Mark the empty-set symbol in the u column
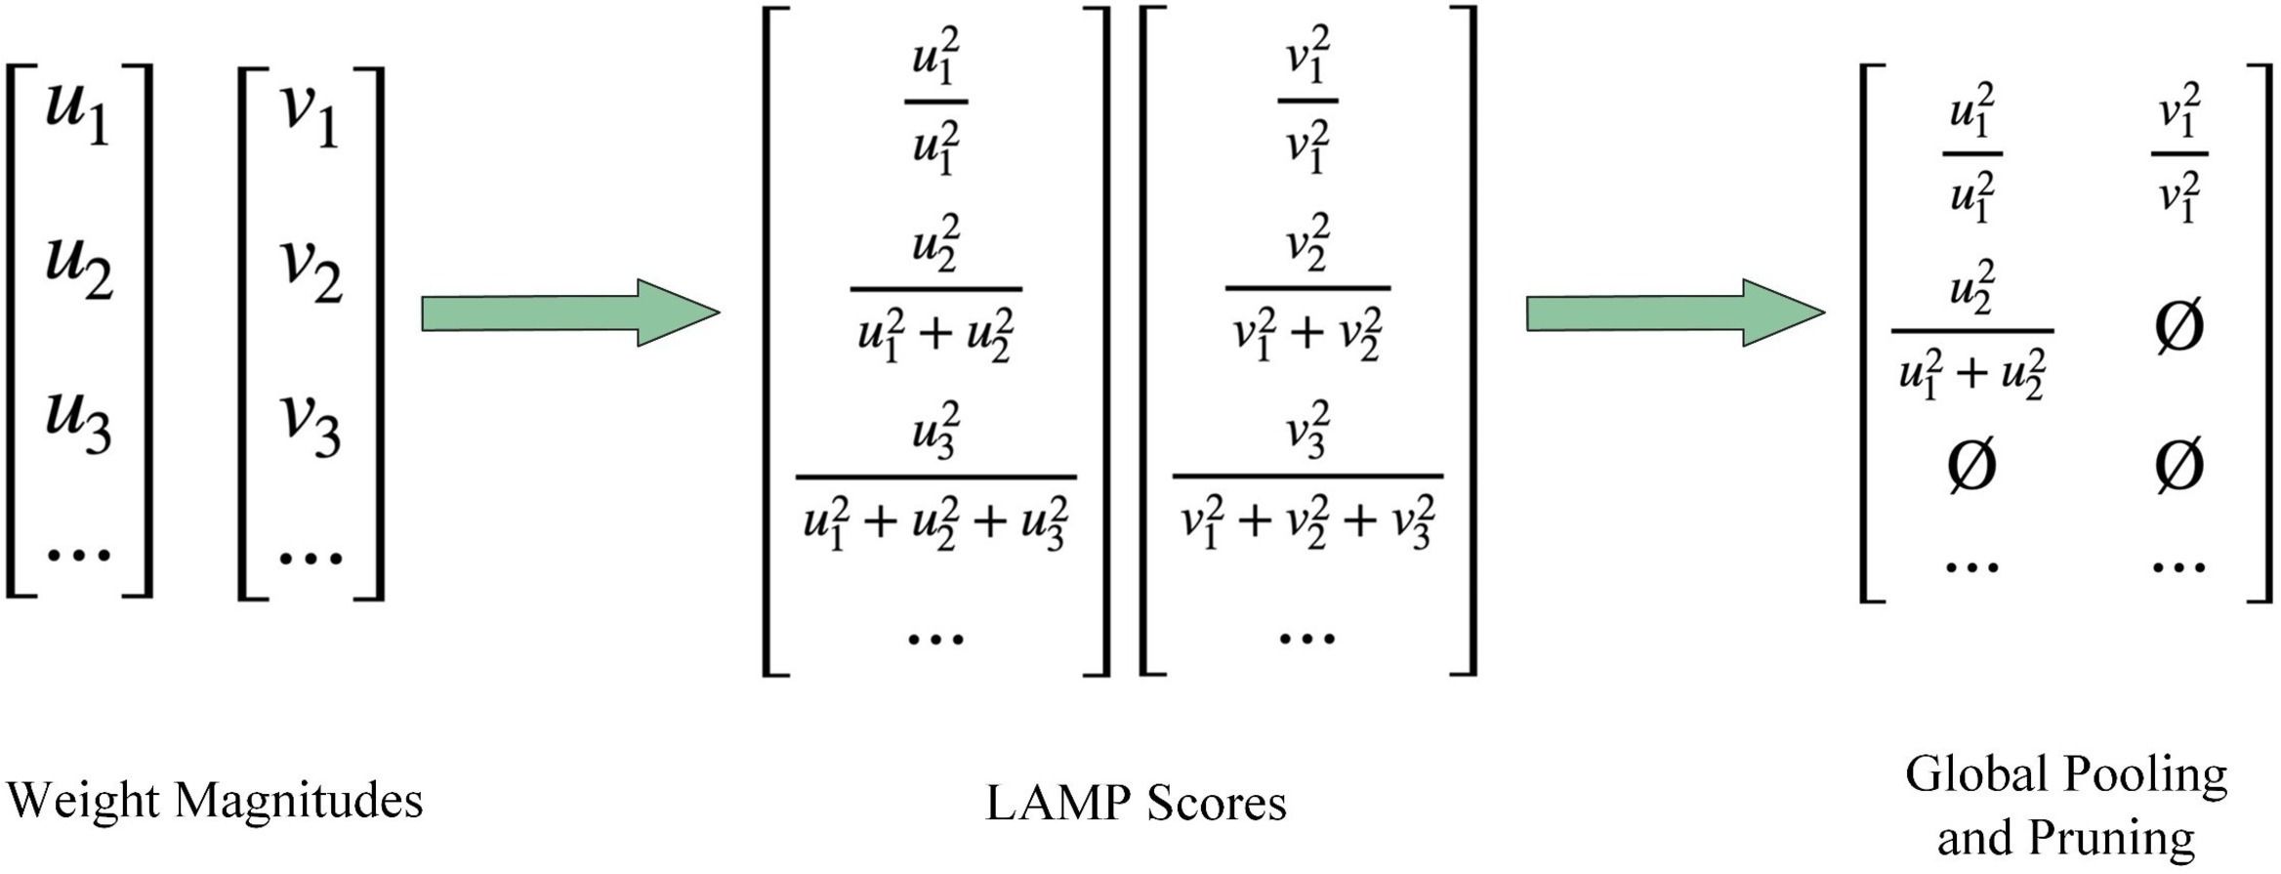click(1971, 465)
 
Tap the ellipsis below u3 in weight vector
click(78, 555)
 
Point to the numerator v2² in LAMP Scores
click(1307, 243)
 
